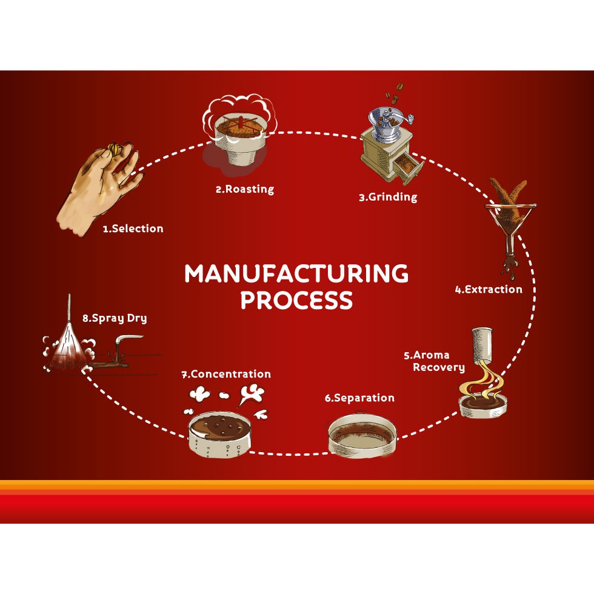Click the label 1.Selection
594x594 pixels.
pyautogui.click(x=133, y=229)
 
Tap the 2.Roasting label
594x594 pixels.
pyautogui.click(x=244, y=189)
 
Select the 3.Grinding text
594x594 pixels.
pyautogui.click(x=388, y=197)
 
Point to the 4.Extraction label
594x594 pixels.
pyautogui.click(x=489, y=289)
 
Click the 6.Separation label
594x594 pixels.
pyautogui.click(x=359, y=398)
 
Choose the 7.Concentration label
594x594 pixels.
pyautogui.click(x=226, y=374)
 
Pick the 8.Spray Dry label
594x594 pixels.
pyautogui.click(x=115, y=318)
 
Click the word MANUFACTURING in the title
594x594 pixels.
pyautogui.click(x=296, y=274)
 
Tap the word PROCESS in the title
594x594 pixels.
pyautogui.click(x=296, y=300)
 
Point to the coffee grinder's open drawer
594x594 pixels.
pyautogui.click(x=405, y=169)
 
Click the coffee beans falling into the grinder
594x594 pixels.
pyautogui.click(x=393, y=97)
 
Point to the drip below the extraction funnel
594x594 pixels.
pyautogui.click(x=508, y=264)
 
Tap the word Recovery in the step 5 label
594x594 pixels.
pyautogui.click(x=439, y=367)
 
